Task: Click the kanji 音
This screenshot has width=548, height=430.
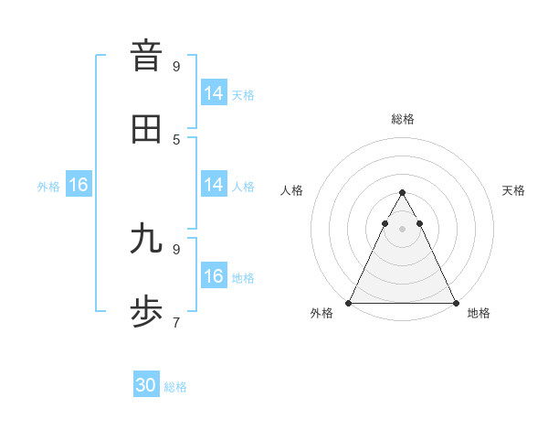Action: pos(146,56)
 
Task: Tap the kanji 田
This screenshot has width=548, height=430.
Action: pos(146,129)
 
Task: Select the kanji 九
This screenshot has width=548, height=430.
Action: pos(146,239)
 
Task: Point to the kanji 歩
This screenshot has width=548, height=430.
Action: pos(146,312)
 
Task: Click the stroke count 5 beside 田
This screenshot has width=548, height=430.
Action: pos(176,139)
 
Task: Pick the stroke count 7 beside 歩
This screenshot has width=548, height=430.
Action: pos(176,322)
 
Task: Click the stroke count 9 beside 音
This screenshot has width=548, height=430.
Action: pos(176,66)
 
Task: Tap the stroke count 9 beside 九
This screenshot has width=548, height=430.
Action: pos(176,249)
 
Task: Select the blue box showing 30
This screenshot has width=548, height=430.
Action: pos(146,385)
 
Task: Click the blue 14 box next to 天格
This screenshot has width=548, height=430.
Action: pos(214,92)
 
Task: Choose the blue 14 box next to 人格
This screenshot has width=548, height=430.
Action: pos(214,184)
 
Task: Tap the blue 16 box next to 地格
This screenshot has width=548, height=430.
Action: pos(214,275)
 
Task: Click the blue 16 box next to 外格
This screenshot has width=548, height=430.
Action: pos(79,184)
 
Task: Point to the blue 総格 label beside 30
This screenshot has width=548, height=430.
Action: pos(175,387)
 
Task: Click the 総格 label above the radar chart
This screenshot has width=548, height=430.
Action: pos(402,119)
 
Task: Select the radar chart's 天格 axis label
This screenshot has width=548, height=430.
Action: pos(513,190)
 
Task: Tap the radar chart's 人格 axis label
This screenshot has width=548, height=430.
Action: pos(291,190)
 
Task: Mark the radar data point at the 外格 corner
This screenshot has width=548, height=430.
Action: pos(349,302)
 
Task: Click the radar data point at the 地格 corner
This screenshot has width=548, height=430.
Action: pos(455,302)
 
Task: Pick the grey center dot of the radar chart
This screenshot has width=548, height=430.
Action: pos(402,228)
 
